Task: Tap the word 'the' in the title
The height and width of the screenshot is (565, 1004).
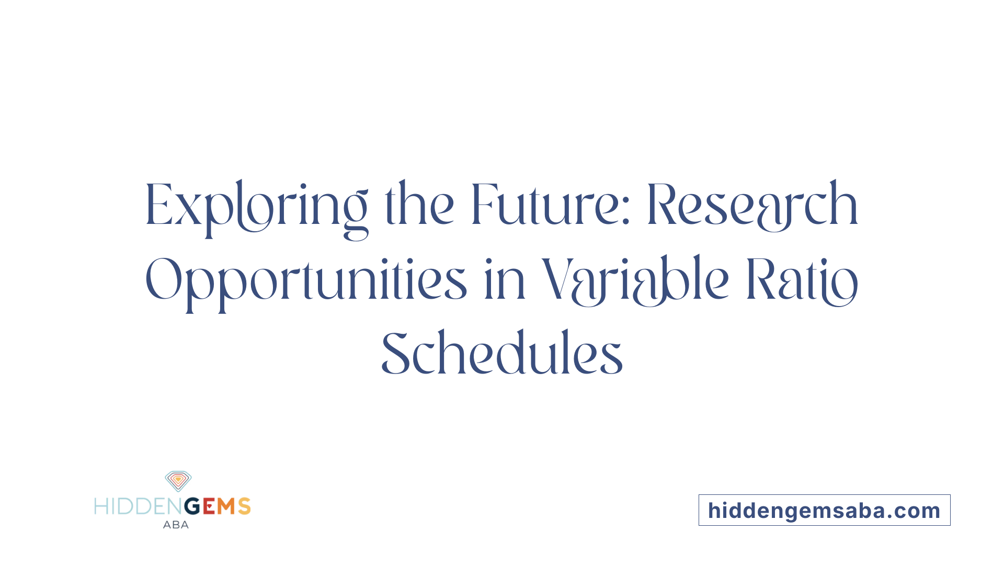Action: point(419,204)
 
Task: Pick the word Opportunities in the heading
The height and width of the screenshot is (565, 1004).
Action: point(306,283)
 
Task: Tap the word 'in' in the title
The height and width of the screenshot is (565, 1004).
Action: point(505,279)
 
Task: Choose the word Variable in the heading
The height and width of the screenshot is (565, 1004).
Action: point(635,280)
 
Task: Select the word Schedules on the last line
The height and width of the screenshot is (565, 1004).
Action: point(502,353)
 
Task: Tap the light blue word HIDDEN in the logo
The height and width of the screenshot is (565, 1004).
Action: point(139,506)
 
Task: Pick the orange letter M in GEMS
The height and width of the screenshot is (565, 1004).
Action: point(226,506)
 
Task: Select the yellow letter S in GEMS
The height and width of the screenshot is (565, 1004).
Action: point(244,506)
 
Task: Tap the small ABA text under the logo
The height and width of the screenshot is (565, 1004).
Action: point(176,525)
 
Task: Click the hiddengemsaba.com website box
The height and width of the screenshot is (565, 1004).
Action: point(825,510)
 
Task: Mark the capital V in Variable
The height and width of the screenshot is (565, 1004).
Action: point(556,279)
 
